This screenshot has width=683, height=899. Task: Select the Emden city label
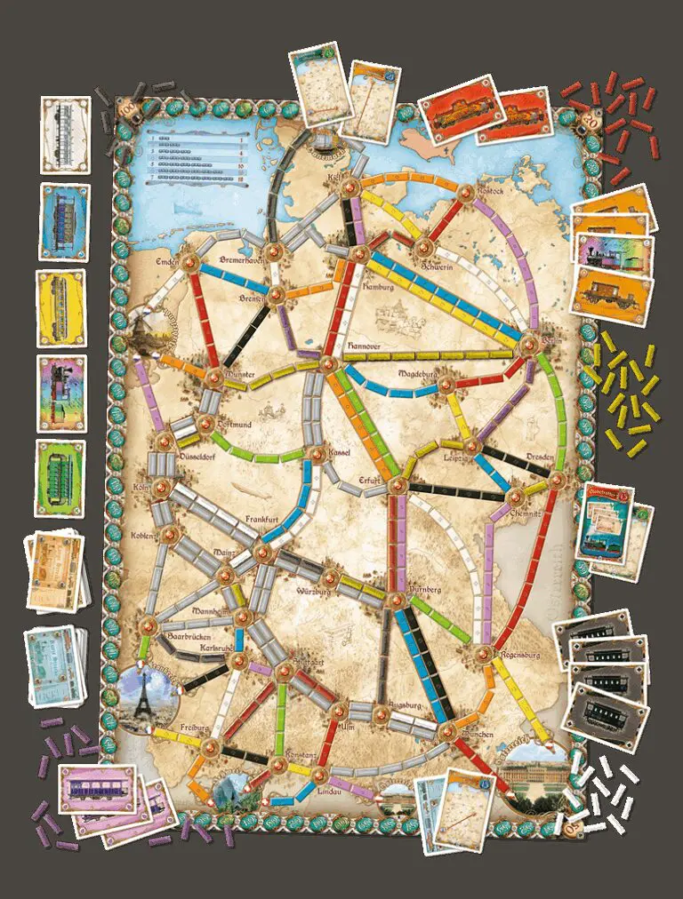tap(167, 259)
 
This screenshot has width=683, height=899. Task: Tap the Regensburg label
tap(518, 656)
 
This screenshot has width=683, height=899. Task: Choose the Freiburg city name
tap(194, 727)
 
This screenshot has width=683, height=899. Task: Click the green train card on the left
tap(60, 478)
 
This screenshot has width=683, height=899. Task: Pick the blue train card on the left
tap(64, 222)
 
